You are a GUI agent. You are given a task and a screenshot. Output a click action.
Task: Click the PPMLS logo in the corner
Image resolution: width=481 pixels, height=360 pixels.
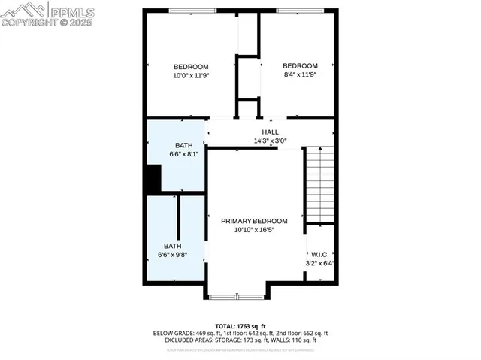[48, 11]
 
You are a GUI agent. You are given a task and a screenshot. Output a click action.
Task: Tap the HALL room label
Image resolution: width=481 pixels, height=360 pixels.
[270, 132]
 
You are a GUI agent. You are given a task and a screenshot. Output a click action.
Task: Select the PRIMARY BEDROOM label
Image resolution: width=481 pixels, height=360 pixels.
[254, 221]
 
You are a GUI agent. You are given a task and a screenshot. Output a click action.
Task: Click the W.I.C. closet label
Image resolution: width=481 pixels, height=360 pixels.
[319, 254]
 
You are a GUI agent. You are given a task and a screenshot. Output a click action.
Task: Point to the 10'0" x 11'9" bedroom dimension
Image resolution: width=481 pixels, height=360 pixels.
[190, 75]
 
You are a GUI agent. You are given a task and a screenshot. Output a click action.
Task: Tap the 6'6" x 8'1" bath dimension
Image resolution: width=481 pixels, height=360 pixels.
[184, 154]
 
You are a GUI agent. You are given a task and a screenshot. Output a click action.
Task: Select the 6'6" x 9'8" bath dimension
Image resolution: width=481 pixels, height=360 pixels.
[173, 255]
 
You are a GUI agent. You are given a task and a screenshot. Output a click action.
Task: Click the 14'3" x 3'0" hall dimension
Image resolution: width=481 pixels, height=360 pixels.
[270, 141]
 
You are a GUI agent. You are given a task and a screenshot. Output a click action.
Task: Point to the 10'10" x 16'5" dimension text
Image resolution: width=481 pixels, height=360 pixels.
[254, 230]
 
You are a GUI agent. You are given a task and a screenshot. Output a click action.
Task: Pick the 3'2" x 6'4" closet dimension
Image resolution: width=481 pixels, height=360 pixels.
[319, 263]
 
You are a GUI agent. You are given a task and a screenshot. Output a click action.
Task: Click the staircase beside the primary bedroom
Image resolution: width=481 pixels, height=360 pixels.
[319, 185]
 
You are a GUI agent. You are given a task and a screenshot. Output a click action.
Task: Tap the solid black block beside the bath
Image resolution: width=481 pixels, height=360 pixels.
[153, 180]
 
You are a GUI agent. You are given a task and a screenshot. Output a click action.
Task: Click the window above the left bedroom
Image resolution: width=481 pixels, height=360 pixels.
[192, 11]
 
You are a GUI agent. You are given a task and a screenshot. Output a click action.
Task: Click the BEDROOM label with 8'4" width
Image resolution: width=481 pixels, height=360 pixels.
[300, 66]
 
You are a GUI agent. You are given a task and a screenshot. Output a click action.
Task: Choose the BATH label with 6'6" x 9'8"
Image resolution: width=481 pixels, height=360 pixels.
[173, 246]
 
